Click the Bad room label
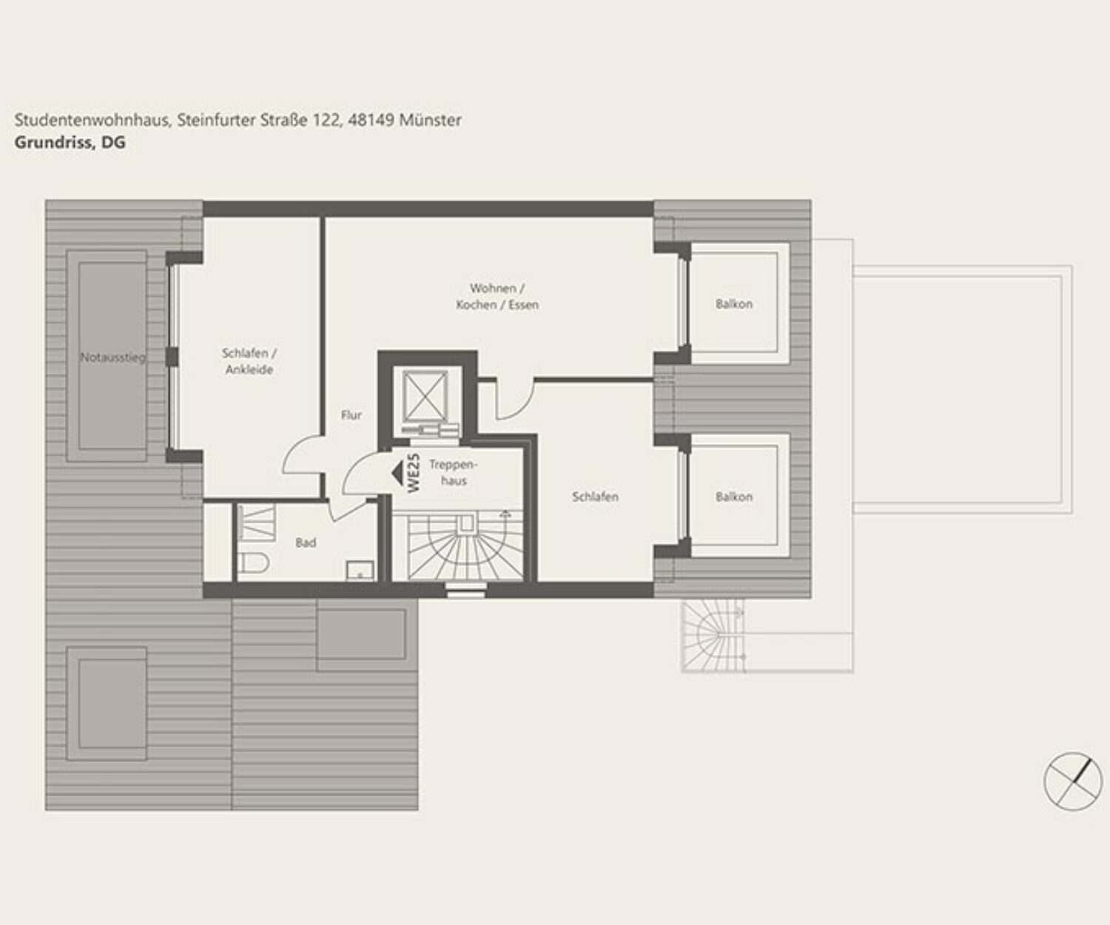click(x=306, y=542)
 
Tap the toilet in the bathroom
click(x=252, y=563)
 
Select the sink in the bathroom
click(x=360, y=571)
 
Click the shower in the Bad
click(x=257, y=522)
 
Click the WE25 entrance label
click(x=414, y=473)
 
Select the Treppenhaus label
click(x=454, y=473)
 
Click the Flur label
click(x=351, y=415)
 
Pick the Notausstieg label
click(x=112, y=357)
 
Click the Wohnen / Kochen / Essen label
click(x=497, y=297)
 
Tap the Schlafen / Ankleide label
click(x=249, y=362)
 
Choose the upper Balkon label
click(x=734, y=304)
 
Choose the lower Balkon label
click(x=734, y=497)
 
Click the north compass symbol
click(x=1073, y=781)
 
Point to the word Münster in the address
click(x=430, y=120)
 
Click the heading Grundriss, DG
click(x=70, y=143)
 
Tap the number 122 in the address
click(x=326, y=120)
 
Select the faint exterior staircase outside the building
click(x=713, y=636)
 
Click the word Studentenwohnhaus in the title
click(x=92, y=120)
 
